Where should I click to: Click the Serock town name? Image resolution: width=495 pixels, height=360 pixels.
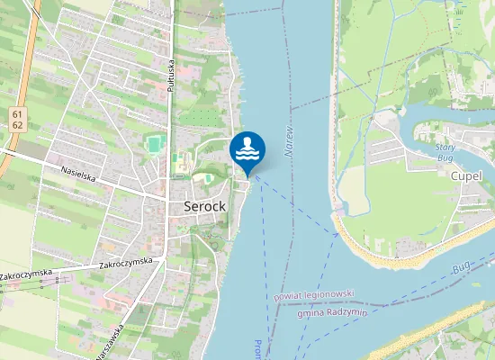[x=204, y=206]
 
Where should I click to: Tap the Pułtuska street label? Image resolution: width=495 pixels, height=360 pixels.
[x=170, y=65]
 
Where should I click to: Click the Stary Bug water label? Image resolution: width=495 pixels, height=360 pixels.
[x=445, y=152]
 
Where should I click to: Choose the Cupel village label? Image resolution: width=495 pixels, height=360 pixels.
[x=467, y=176]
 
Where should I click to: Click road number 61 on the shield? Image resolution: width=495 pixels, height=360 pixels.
[x=17, y=113]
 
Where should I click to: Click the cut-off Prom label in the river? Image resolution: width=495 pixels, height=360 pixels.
[x=257, y=349]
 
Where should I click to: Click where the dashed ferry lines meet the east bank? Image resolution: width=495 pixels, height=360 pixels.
[x=338, y=233]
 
